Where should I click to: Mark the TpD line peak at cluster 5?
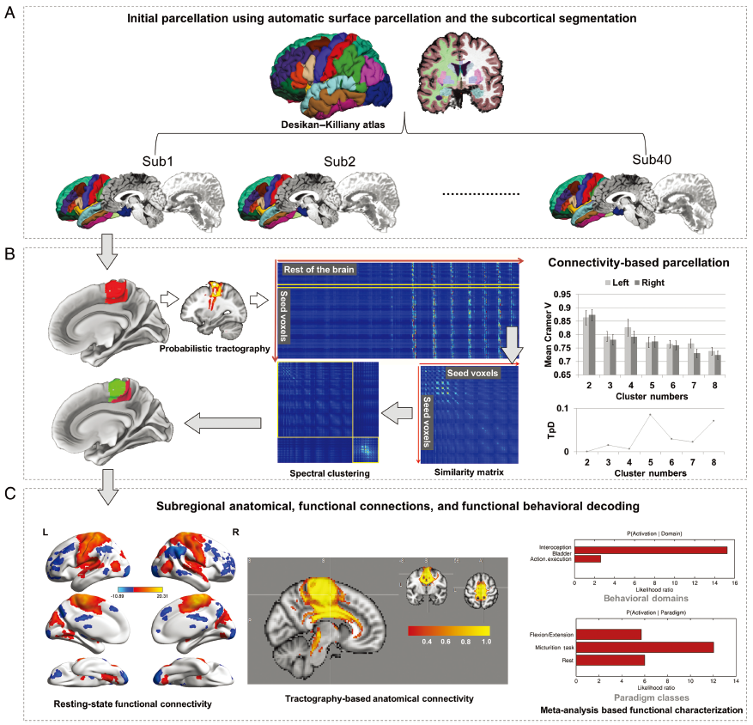[x=651, y=414]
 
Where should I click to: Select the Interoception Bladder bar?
[x=650, y=550]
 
